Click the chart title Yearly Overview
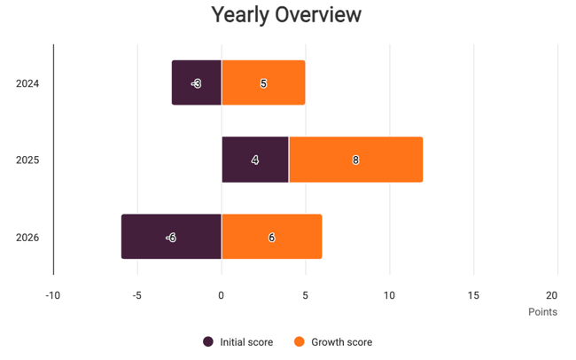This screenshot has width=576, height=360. [286, 16]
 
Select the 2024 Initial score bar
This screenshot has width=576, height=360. [197, 83]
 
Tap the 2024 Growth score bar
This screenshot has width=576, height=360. [263, 83]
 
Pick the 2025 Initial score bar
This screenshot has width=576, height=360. [255, 160]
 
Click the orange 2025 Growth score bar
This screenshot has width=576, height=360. [355, 160]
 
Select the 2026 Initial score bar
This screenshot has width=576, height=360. [171, 238]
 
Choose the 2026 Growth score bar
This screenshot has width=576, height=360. [271, 238]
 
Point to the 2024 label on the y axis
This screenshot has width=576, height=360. [27, 84]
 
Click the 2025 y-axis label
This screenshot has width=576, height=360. [27, 160]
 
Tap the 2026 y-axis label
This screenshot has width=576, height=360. [27, 238]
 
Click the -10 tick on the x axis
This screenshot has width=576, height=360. [52, 295]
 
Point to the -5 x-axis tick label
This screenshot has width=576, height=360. [136, 295]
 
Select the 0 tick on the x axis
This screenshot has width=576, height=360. [222, 295]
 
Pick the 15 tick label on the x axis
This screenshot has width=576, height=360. [473, 295]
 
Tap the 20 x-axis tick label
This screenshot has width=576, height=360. [552, 295]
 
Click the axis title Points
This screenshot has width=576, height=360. [542, 312]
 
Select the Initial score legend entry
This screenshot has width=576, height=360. [238, 342]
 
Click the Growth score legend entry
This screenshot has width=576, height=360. [333, 342]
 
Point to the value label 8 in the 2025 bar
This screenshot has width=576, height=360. [355, 160]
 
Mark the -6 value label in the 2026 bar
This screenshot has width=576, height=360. [171, 238]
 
